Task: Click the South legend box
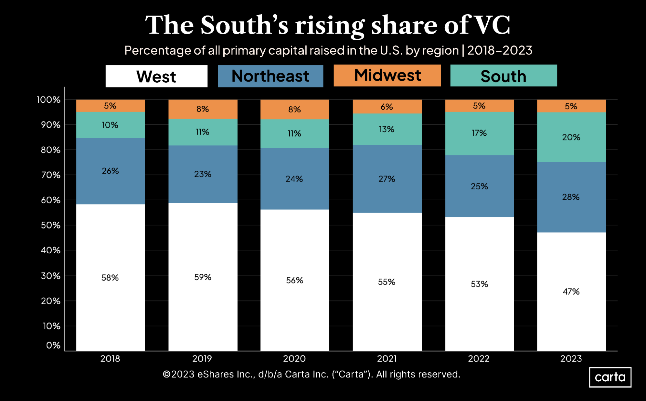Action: click(x=503, y=76)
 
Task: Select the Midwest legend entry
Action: click(x=387, y=76)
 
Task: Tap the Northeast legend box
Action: click(x=270, y=76)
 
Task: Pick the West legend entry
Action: click(x=156, y=77)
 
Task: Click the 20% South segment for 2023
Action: click(x=571, y=137)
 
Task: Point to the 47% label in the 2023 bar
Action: click(x=571, y=291)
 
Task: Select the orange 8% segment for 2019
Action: click(x=203, y=109)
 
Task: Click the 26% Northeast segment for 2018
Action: click(x=110, y=171)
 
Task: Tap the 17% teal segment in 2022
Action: click(x=479, y=133)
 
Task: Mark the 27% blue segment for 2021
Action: click(x=387, y=179)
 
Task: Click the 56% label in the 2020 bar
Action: click(x=294, y=280)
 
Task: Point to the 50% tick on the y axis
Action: click(x=51, y=225)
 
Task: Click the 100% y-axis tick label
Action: click(x=48, y=100)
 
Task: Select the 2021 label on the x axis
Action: click(x=387, y=359)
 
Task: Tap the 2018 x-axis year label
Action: click(x=110, y=359)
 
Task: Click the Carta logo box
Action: click(x=610, y=377)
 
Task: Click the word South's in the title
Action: click(x=244, y=25)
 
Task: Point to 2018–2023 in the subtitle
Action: click(x=500, y=50)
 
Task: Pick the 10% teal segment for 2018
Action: click(x=110, y=125)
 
